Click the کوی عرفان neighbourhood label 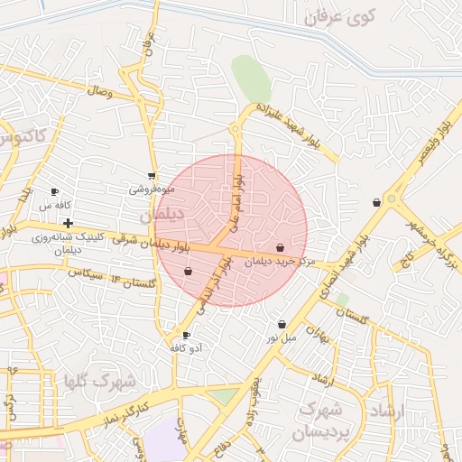(x=339, y=17)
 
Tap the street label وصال (x=99, y=91)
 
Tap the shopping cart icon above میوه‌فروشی (x=151, y=176)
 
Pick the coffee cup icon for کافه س (x=54, y=192)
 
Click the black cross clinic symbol (x=68, y=222)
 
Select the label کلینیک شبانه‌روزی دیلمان (x=69, y=243)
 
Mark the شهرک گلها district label (x=100, y=381)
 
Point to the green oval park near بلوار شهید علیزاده (x=251, y=79)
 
